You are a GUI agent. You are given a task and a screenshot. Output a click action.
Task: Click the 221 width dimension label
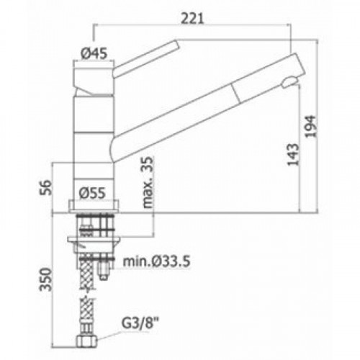(192, 19)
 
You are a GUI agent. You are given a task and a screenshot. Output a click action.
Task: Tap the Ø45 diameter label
(94, 53)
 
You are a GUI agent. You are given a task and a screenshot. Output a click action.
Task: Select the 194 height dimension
(310, 127)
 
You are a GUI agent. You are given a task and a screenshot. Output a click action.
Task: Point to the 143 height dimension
(293, 155)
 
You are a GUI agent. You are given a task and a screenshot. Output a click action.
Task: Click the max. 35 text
(148, 182)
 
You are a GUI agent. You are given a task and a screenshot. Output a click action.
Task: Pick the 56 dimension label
(45, 187)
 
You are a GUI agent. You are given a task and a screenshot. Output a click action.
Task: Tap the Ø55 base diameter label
(92, 193)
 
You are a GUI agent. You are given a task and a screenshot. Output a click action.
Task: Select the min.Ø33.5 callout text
(156, 261)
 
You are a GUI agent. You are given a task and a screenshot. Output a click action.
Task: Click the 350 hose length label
(45, 279)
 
